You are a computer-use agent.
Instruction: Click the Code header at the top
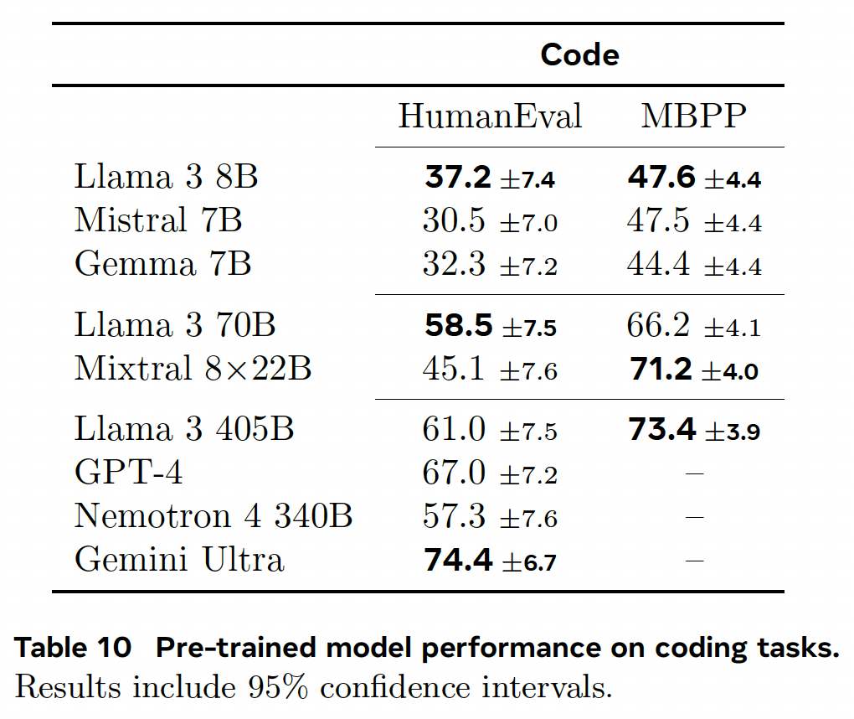pos(579,54)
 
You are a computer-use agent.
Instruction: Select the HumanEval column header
pos(490,116)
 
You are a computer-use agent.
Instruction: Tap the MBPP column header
pos(693,116)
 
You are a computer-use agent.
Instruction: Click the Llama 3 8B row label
pos(166,178)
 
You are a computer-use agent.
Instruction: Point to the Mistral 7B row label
pos(158,221)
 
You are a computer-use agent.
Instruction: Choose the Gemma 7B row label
pos(163,264)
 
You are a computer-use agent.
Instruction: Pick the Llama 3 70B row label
pos(175,325)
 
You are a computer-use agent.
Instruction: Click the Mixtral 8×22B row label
pos(193,369)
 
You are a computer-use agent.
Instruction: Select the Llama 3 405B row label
pos(184,430)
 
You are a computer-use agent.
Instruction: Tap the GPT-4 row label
pos(128,473)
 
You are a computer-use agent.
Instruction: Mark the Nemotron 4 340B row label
pos(213,516)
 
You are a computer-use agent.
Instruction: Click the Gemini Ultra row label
pos(179,560)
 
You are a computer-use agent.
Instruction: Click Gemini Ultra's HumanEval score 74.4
pos(458,560)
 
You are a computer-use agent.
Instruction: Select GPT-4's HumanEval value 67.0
pos(455,473)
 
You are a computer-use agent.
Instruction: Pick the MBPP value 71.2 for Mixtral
pos(661,369)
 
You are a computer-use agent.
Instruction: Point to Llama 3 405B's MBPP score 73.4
pos(661,430)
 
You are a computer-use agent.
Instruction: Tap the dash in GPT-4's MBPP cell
pos(693,474)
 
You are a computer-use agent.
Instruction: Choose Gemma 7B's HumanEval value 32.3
pos(455,264)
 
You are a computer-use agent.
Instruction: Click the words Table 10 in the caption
pos(74,648)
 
